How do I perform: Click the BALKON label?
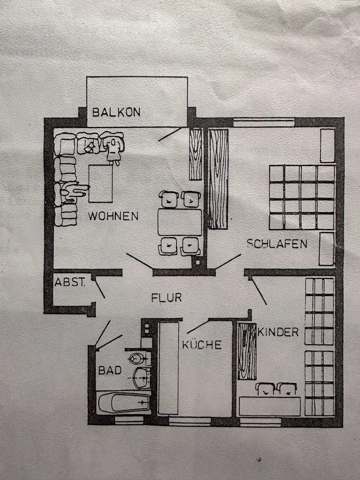click(117, 112)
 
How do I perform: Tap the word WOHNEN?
click(113, 216)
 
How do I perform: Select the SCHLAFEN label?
click(277, 244)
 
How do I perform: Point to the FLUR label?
click(167, 298)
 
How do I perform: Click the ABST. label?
click(70, 282)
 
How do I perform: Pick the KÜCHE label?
click(202, 344)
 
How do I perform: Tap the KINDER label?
click(278, 332)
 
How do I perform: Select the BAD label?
click(110, 371)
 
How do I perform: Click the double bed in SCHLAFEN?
click(301, 197)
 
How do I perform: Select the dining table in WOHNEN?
click(180, 222)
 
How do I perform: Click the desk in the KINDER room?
click(269, 406)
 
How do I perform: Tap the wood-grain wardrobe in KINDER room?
click(247, 350)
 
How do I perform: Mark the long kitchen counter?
click(168, 368)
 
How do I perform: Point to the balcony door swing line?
click(170, 133)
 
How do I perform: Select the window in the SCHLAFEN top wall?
click(264, 122)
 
